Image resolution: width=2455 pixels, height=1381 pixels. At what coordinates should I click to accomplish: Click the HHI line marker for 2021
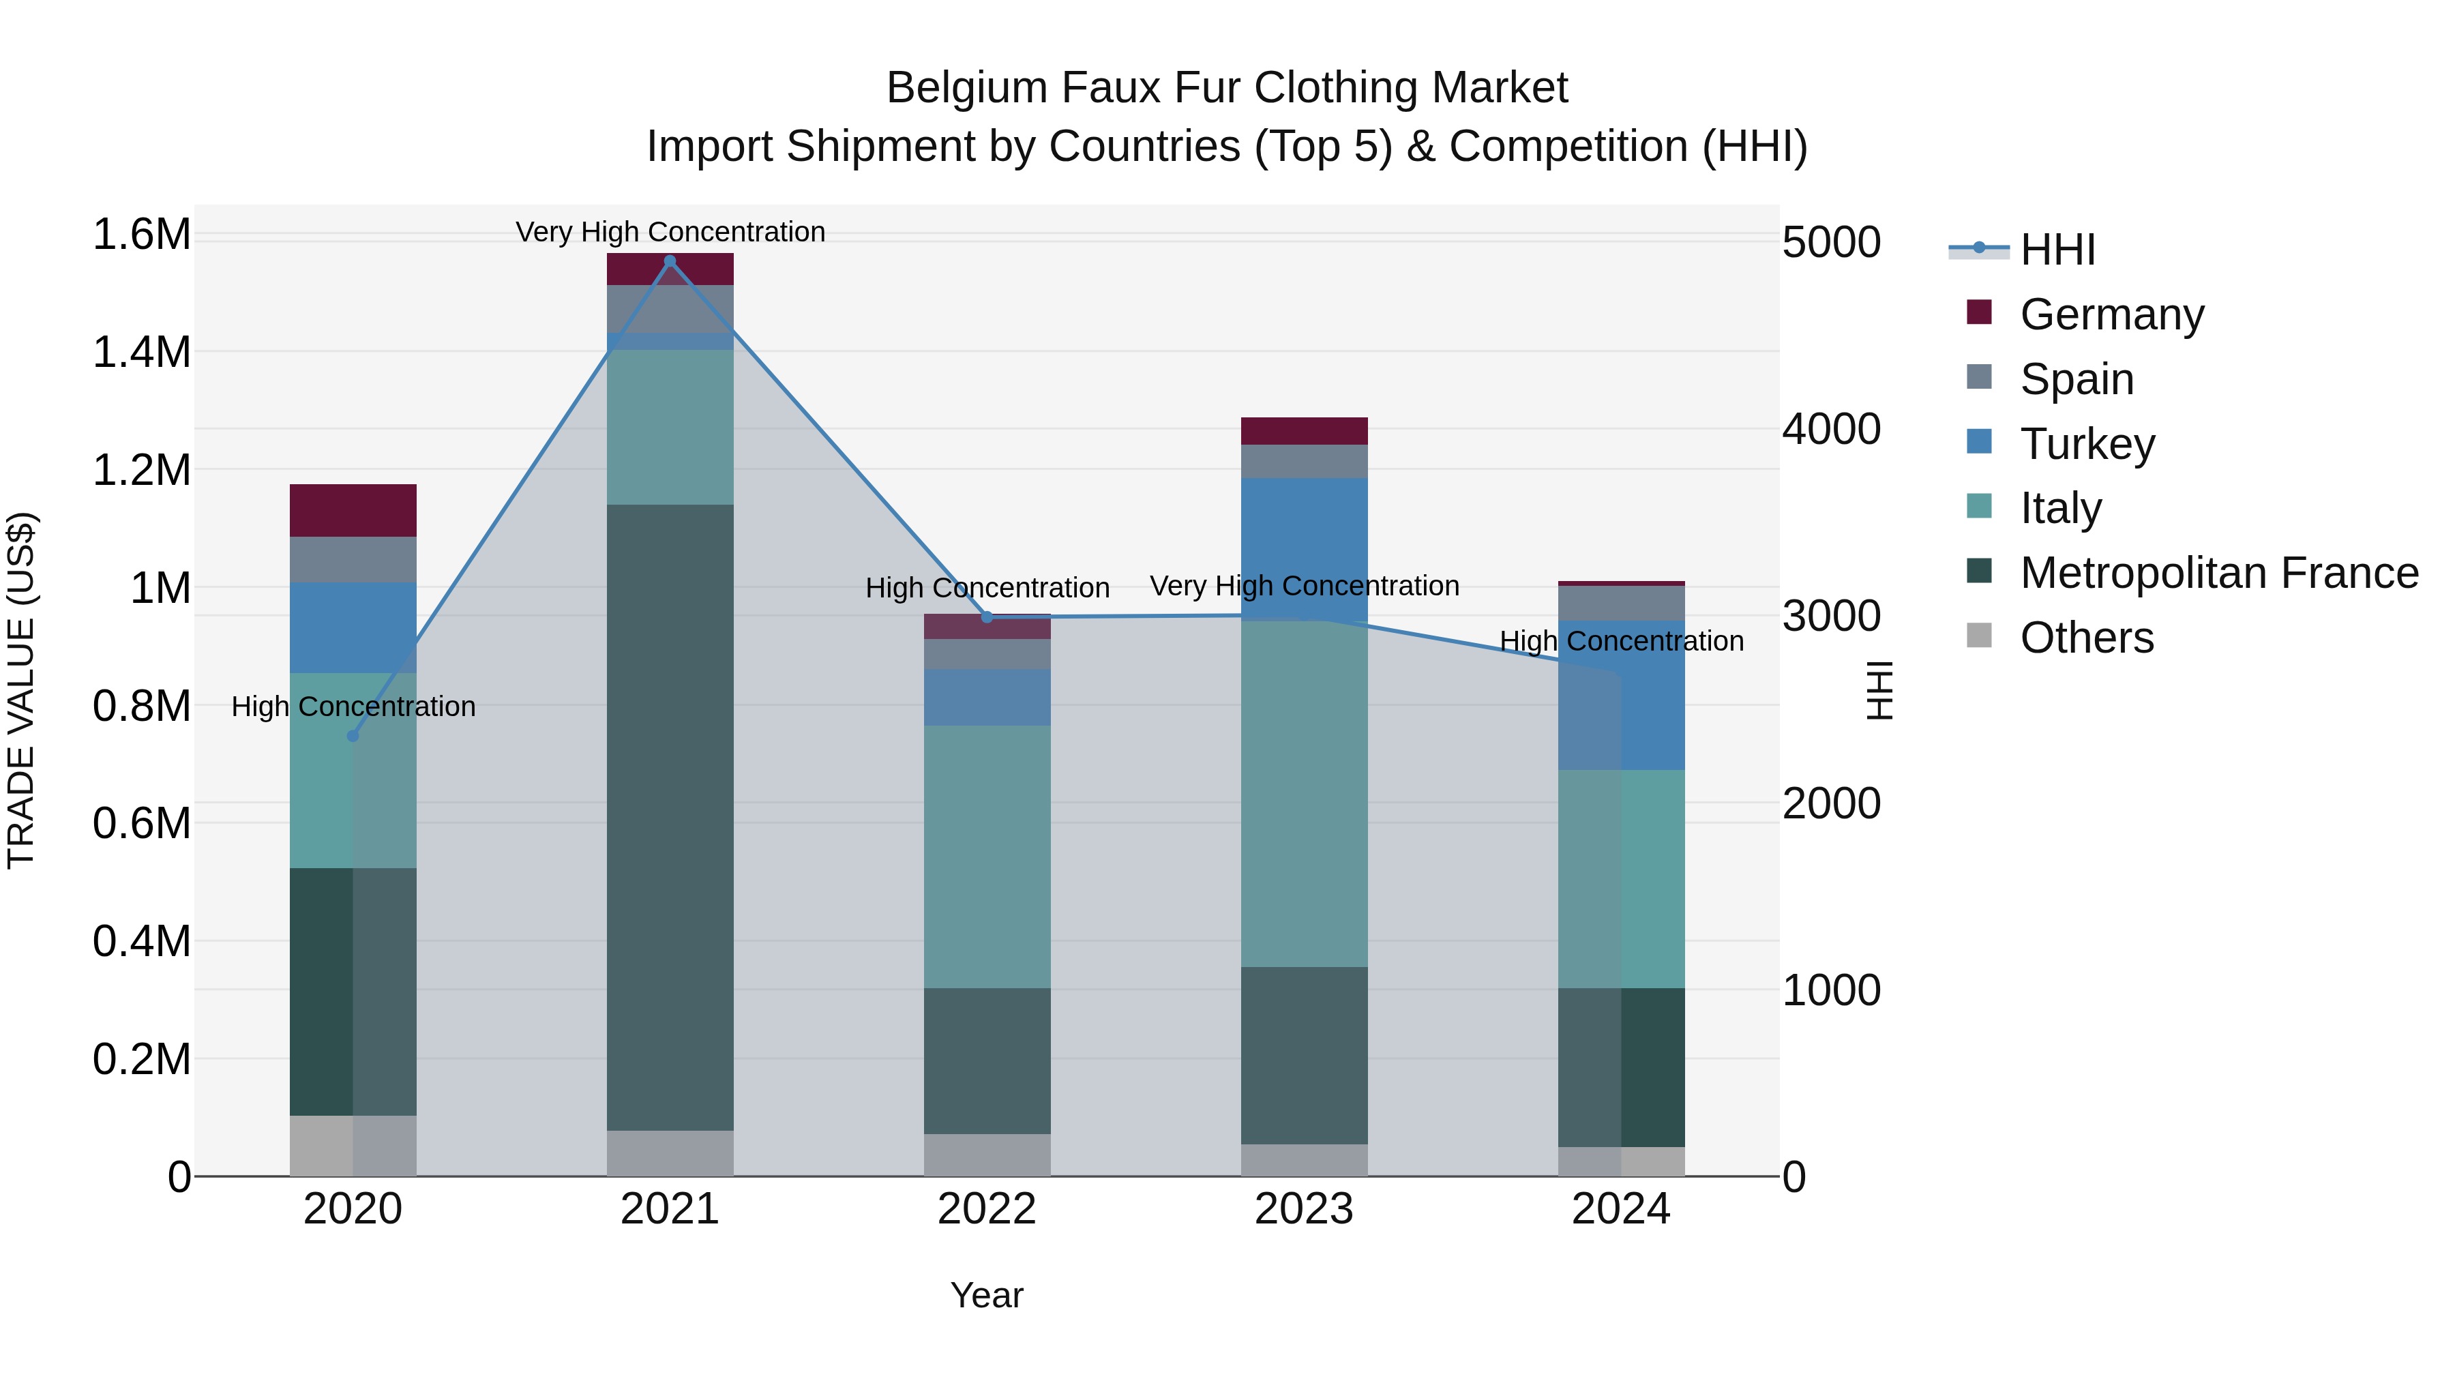click(x=669, y=261)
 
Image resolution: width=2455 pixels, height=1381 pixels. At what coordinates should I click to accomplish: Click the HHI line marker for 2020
click(x=353, y=736)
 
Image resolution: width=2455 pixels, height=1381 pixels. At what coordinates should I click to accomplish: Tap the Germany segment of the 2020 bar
click(x=353, y=510)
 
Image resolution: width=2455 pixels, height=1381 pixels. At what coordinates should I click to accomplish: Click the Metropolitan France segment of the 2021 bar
click(x=669, y=817)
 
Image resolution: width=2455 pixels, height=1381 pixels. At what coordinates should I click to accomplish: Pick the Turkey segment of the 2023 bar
click(x=1304, y=549)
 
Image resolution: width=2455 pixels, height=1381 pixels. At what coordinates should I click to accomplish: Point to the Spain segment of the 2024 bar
click(x=1620, y=604)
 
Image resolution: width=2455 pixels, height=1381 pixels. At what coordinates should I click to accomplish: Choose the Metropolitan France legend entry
click(x=2218, y=573)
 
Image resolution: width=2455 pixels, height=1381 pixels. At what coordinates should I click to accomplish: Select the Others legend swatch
click(x=1980, y=636)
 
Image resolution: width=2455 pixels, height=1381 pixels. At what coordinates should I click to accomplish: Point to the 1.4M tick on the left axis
click(x=141, y=353)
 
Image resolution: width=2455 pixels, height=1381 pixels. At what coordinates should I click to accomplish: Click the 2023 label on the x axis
click(x=1304, y=1209)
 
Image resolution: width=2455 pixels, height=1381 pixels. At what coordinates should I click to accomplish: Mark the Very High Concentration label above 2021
click(x=669, y=232)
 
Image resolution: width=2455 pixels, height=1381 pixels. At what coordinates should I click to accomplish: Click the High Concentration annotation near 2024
click(x=1620, y=642)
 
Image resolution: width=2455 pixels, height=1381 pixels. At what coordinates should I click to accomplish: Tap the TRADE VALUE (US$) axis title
click(x=21, y=690)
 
